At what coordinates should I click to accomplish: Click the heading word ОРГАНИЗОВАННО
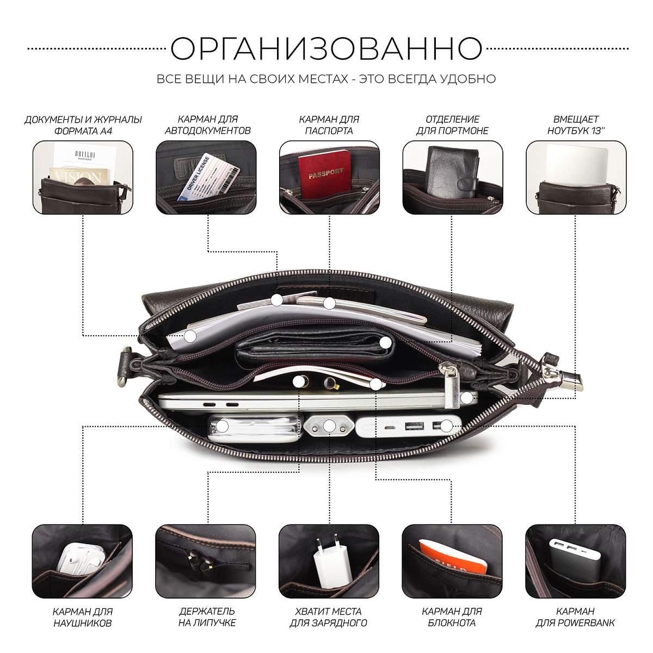pos(326,48)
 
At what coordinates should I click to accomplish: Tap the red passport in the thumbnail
pos(325,174)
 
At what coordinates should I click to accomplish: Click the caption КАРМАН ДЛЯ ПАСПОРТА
pos(329,125)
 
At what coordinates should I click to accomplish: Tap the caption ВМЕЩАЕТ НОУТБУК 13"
pos(576,125)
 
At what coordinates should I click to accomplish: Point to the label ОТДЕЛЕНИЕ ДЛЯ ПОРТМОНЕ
pos(452,125)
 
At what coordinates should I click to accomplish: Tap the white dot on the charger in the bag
pos(329,426)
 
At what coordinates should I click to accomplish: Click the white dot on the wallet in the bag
pos(385,343)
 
